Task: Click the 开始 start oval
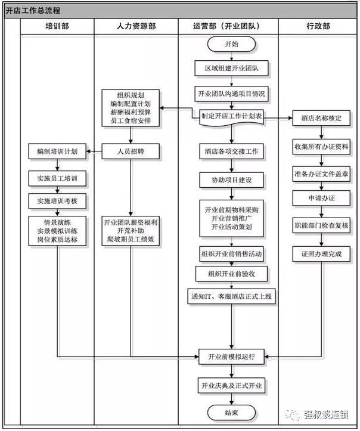point(231,44)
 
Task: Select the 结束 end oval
point(231,413)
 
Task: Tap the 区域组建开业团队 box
point(231,69)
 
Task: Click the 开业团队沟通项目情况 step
point(231,94)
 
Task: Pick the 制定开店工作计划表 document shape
point(231,117)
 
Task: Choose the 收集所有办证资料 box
point(321,145)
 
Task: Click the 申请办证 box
point(321,198)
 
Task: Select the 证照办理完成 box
point(321,253)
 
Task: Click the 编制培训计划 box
point(57,151)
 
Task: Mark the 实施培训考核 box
point(57,201)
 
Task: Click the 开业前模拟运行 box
point(231,357)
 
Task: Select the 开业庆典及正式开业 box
point(231,386)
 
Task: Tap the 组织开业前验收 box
point(231,273)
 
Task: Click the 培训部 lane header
point(57,27)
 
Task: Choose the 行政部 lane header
point(318,27)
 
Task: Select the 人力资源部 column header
point(136,27)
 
